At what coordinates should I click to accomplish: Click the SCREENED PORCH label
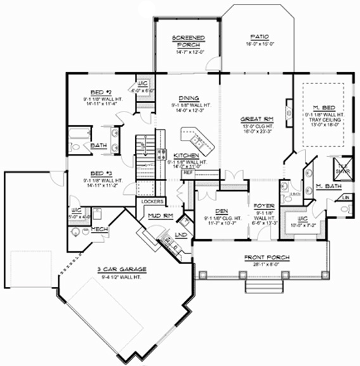(187, 41)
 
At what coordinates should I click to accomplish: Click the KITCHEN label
(188, 155)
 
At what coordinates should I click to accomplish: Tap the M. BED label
(327, 108)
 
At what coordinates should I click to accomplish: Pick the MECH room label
(100, 228)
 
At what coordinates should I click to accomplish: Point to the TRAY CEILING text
(327, 119)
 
